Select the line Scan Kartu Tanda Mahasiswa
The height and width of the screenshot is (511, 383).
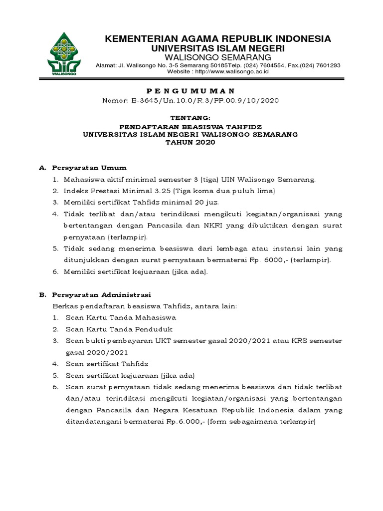point(120,317)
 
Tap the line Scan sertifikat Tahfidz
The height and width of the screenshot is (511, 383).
point(107,364)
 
